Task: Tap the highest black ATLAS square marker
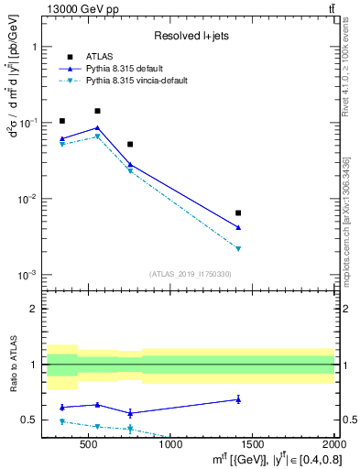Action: pyautogui.click(x=97, y=111)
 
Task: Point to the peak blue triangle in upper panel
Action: pyautogui.click(x=97, y=128)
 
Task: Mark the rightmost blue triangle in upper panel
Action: pyautogui.click(x=238, y=227)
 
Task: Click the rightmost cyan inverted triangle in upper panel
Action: pyautogui.click(x=238, y=248)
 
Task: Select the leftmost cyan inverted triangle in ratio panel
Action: pyautogui.click(x=62, y=421)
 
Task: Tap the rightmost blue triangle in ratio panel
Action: pyautogui.click(x=238, y=398)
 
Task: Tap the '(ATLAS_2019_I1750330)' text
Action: pyautogui.click(x=191, y=274)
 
